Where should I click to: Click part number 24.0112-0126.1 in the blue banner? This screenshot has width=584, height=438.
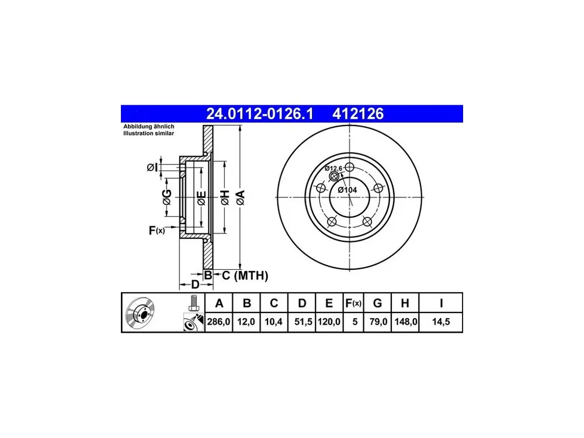pos(260,114)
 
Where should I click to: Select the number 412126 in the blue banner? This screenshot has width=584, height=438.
pos(358,114)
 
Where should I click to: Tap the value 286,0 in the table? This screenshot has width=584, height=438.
pos(218,321)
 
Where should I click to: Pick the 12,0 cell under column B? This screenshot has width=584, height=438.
pos(246,321)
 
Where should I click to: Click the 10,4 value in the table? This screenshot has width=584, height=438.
pos(273,321)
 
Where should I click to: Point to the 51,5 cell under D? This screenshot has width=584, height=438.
pos(303,321)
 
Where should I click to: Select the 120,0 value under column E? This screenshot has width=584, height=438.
pos(329,321)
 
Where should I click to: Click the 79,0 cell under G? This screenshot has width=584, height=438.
pos(378,321)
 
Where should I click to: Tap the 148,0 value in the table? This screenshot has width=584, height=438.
pos(406,321)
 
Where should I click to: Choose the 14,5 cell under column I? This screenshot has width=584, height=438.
pos(441,321)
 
